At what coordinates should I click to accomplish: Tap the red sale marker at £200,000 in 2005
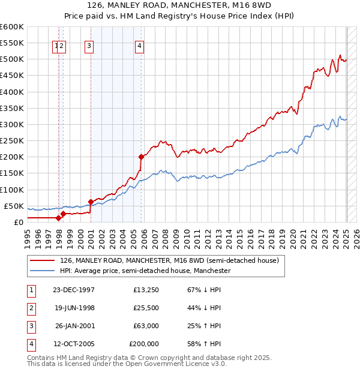141,157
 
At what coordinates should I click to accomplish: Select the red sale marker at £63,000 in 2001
91,202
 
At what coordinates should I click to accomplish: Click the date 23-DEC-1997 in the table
74,290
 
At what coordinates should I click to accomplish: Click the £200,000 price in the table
144,344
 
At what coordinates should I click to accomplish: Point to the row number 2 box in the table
31,308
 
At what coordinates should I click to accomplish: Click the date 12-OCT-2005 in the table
74,344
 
